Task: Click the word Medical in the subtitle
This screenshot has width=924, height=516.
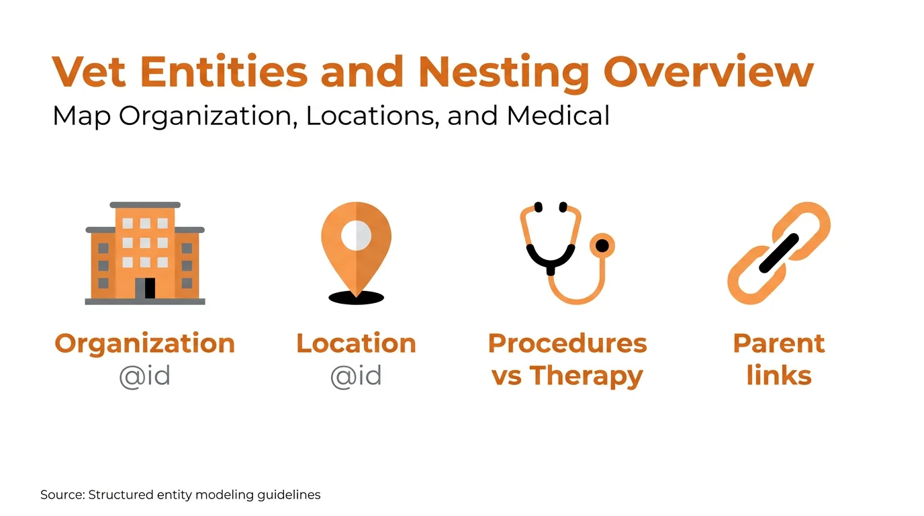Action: pyautogui.click(x=558, y=116)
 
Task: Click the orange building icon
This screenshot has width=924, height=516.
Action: pyautogui.click(x=145, y=253)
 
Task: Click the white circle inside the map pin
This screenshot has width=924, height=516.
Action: pyautogui.click(x=356, y=234)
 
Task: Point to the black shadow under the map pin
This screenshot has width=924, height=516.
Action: pyautogui.click(x=356, y=298)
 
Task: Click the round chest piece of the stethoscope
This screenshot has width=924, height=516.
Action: pyautogui.click(x=602, y=246)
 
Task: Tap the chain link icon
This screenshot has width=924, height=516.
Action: pyautogui.click(x=779, y=253)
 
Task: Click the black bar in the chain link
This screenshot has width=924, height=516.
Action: pyautogui.click(x=779, y=253)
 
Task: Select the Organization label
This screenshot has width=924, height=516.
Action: pyautogui.click(x=145, y=343)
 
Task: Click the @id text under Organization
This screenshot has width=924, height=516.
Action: pyautogui.click(x=144, y=376)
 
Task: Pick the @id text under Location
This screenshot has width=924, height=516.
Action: pyautogui.click(x=356, y=376)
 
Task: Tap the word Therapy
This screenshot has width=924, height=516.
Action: pyautogui.click(x=586, y=376)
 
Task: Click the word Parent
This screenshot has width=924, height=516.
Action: pyautogui.click(x=779, y=343)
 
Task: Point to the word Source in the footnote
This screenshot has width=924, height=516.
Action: pyautogui.click(x=61, y=495)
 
